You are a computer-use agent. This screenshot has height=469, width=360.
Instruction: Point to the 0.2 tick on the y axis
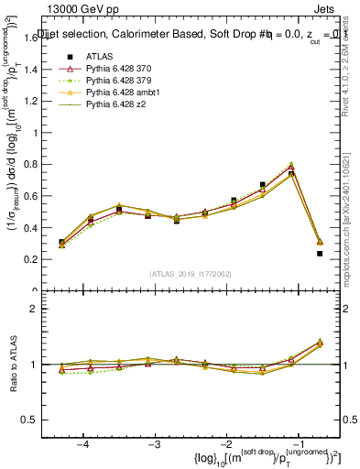pyautogui.click(x=37, y=259)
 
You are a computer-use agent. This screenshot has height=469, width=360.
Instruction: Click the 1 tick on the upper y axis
pyautogui.click(x=41, y=132)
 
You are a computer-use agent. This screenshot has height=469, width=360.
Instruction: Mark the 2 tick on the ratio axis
pyautogui.click(x=41, y=309)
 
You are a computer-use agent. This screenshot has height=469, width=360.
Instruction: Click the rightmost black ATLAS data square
pyautogui.click(x=320, y=254)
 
